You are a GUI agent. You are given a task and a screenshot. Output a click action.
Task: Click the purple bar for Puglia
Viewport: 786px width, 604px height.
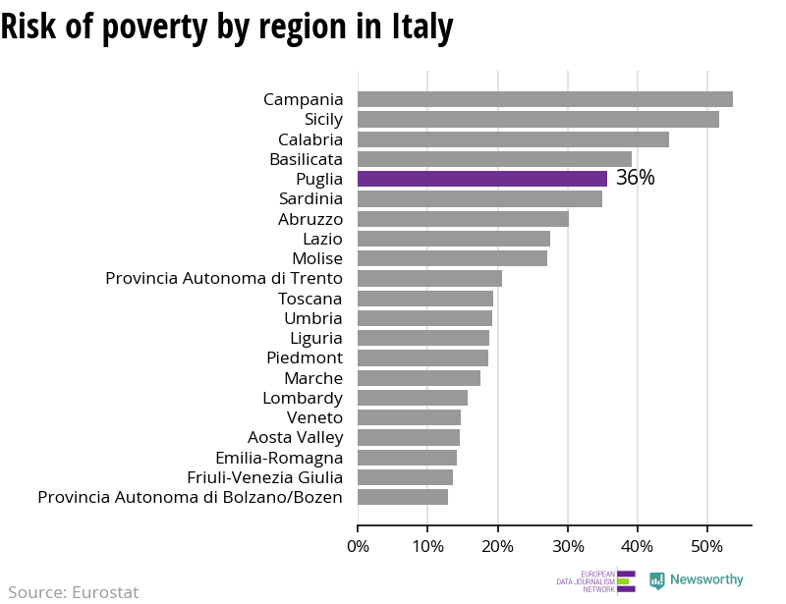tap(481, 179)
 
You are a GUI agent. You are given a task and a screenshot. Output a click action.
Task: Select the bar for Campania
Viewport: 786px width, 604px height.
tap(544, 99)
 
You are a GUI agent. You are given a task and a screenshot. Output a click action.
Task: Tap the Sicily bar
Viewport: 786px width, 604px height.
tap(537, 119)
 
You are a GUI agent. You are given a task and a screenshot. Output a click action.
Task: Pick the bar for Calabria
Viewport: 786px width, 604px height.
tap(513, 139)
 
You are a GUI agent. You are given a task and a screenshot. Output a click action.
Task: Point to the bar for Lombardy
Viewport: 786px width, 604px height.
tap(413, 398)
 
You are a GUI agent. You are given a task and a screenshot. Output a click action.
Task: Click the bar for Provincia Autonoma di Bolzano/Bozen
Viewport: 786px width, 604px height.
tap(403, 497)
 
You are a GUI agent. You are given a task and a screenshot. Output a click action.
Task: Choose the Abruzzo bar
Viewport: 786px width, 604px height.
tap(463, 219)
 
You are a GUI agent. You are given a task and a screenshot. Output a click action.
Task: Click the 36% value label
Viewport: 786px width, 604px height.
tap(635, 179)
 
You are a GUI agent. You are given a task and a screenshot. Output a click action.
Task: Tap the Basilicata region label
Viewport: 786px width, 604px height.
tap(306, 159)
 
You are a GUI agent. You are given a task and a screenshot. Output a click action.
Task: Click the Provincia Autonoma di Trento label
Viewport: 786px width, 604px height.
tap(224, 278)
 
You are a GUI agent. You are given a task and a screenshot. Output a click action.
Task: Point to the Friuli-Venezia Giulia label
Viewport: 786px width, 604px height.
tap(264, 477)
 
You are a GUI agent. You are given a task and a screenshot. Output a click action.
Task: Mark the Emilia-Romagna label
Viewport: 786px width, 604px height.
tap(279, 458)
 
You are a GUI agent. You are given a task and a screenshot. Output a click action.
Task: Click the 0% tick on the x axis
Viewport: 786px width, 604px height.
tap(358, 545)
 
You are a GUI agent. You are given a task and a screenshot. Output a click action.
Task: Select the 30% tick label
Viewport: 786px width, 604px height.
tap(568, 545)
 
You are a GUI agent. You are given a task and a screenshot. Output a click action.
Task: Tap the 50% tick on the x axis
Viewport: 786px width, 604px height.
tap(707, 545)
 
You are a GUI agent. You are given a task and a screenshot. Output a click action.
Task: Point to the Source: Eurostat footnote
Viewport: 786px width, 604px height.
tap(74, 592)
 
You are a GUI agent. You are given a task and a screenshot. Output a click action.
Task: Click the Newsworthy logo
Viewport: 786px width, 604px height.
tap(697, 580)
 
